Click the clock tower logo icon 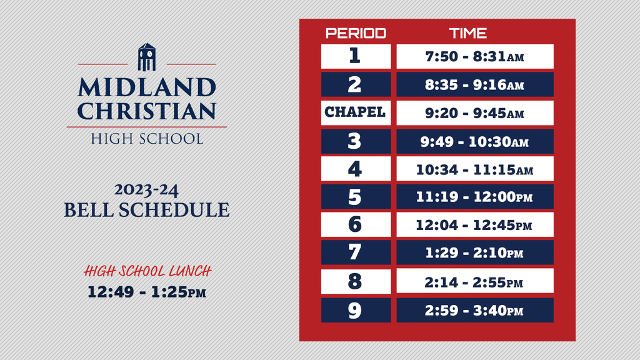[x=147, y=57]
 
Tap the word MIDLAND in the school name [x=147, y=87]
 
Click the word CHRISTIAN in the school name [x=147, y=111]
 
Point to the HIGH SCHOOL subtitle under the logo [x=147, y=139]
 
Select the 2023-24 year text [x=146, y=190]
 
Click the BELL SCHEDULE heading [x=146, y=210]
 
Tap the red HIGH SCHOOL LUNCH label [x=147, y=271]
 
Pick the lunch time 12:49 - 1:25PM [x=146, y=292]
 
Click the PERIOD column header [x=356, y=33]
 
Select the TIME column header [x=467, y=33]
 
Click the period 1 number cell [x=356, y=56]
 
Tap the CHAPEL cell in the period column [x=356, y=112]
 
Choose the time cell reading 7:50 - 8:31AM [x=475, y=56]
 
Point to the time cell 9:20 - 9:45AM [x=475, y=112]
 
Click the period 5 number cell [x=356, y=197]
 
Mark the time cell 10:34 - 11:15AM [x=475, y=169]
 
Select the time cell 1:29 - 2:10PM [x=475, y=252]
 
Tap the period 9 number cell [x=356, y=310]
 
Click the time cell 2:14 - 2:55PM [x=475, y=281]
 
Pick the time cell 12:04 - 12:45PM [x=475, y=224]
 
